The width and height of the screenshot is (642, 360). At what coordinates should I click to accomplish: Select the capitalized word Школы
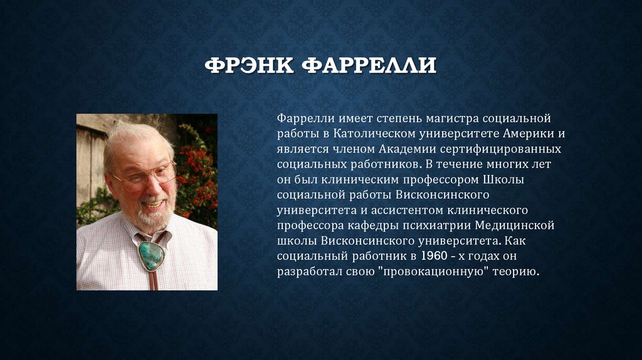pyautogui.click(x=504, y=179)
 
